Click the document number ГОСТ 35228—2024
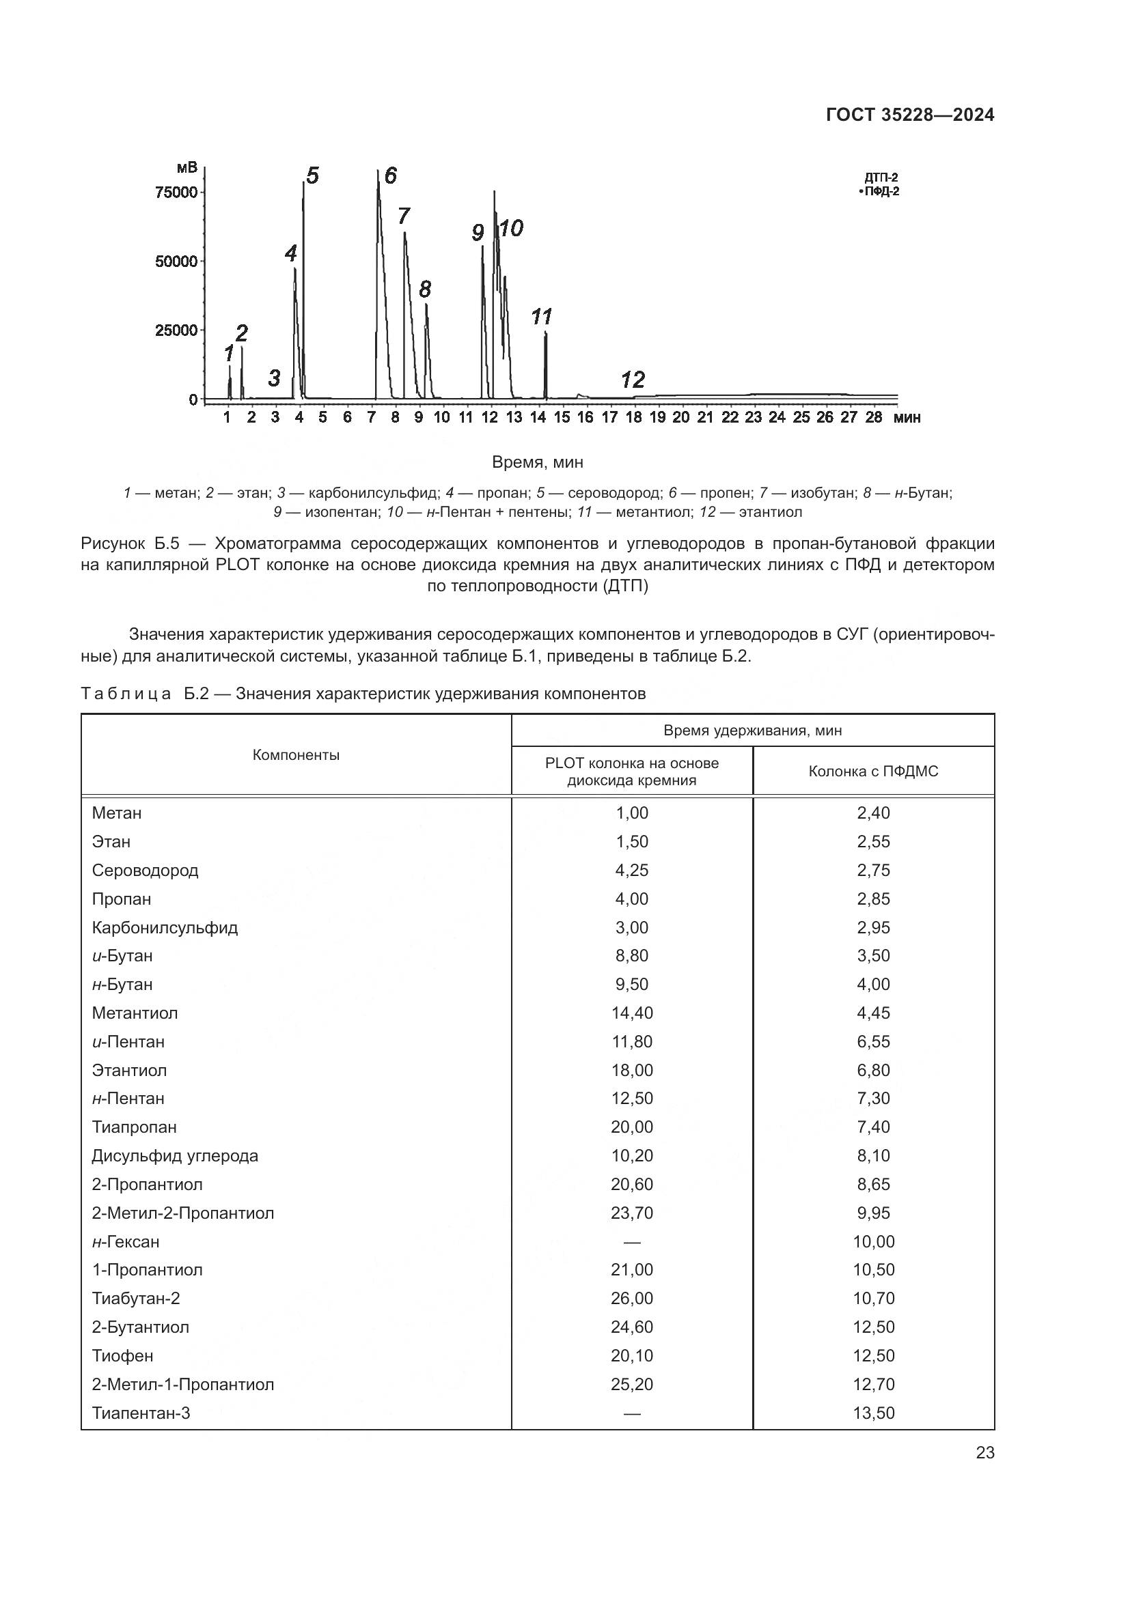(x=909, y=115)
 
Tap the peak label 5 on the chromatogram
(x=312, y=176)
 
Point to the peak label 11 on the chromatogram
(x=540, y=317)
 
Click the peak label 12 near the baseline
(x=633, y=380)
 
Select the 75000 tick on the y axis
(x=177, y=193)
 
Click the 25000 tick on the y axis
(x=177, y=330)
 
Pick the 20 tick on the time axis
(x=681, y=417)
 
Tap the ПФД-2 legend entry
(x=881, y=191)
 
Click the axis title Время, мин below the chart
(x=537, y=462)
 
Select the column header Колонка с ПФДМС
(x=872, y=772)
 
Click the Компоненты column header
(x=296, y=755)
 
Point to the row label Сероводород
(x=145, y=870)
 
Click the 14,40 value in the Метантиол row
(x=632, y=1013)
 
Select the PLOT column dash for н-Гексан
(x=632, y=1241)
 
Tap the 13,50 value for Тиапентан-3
(x=873, y=1413)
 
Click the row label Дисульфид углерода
(x=175, y=1155)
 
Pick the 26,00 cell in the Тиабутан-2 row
(x=632, y=1298)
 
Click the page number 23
(x=984, y=1453)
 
